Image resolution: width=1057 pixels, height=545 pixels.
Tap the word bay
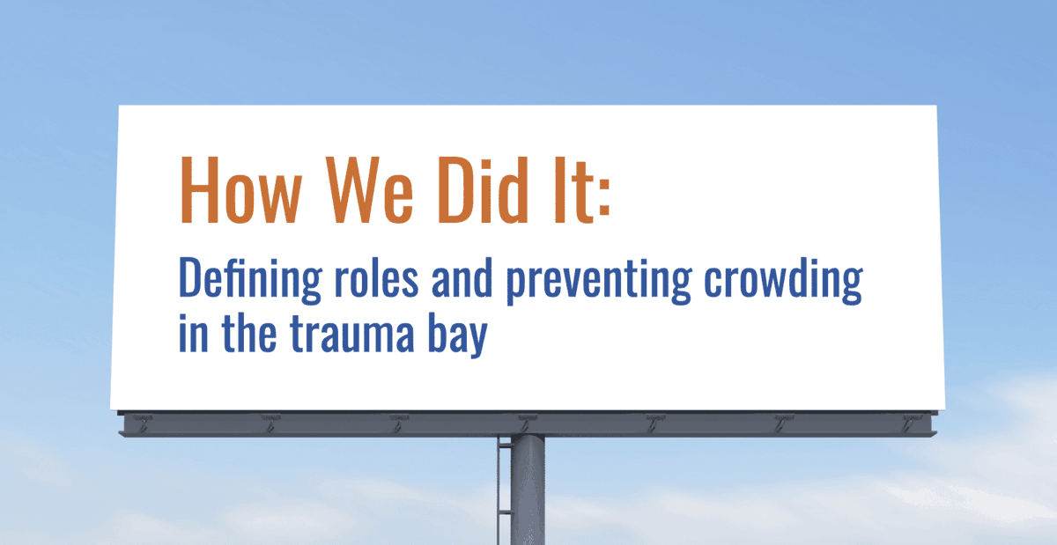pos(456,337)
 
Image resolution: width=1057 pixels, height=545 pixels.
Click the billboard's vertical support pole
pos(528,493)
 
